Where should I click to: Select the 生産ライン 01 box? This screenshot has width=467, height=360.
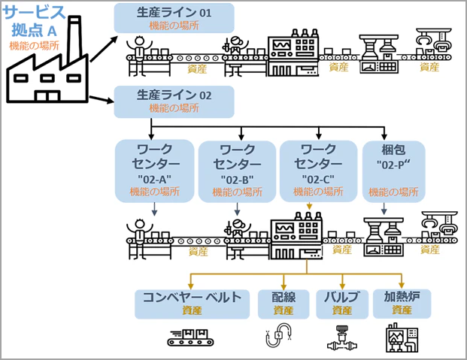tap(174, 17)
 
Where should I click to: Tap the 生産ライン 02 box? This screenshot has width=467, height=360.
tap(174, 101)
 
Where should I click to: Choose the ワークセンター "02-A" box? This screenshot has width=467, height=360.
tap(153, 170)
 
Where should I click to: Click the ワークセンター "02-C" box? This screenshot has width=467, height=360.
tap(317, 170)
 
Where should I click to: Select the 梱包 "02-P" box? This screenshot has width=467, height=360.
tap(393, 170)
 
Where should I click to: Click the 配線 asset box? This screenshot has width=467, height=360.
tap(284, 303)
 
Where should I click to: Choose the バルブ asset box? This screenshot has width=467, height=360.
tap(342, 303)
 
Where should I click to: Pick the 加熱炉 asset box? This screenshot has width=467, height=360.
tap(402, 303)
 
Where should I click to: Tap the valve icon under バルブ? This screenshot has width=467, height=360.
tap(341, 338)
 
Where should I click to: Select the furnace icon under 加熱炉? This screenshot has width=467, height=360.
tap(402, 338)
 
